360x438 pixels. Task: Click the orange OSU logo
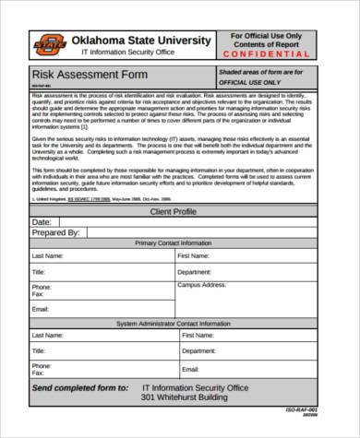[x=50, y=43]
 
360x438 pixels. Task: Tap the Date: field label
[x=42, y=222]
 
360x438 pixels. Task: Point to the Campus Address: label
[x=202, y=286]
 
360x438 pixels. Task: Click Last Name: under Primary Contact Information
[x=48, y=255]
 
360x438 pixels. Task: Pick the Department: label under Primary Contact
[x=195, y=272]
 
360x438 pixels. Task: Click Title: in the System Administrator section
[x=39, y=352]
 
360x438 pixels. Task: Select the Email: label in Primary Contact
[x=41, y=310]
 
